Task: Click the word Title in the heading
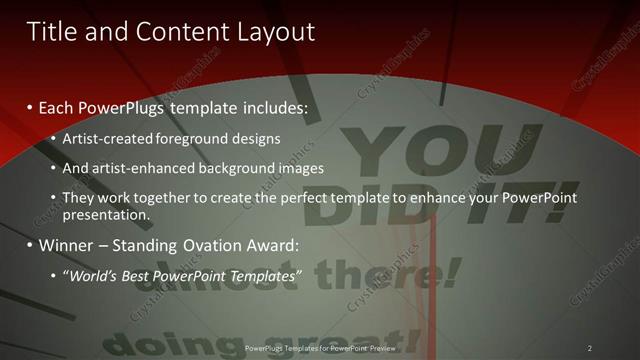click(x=50, y=31)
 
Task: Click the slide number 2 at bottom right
click(x=589, y=348)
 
